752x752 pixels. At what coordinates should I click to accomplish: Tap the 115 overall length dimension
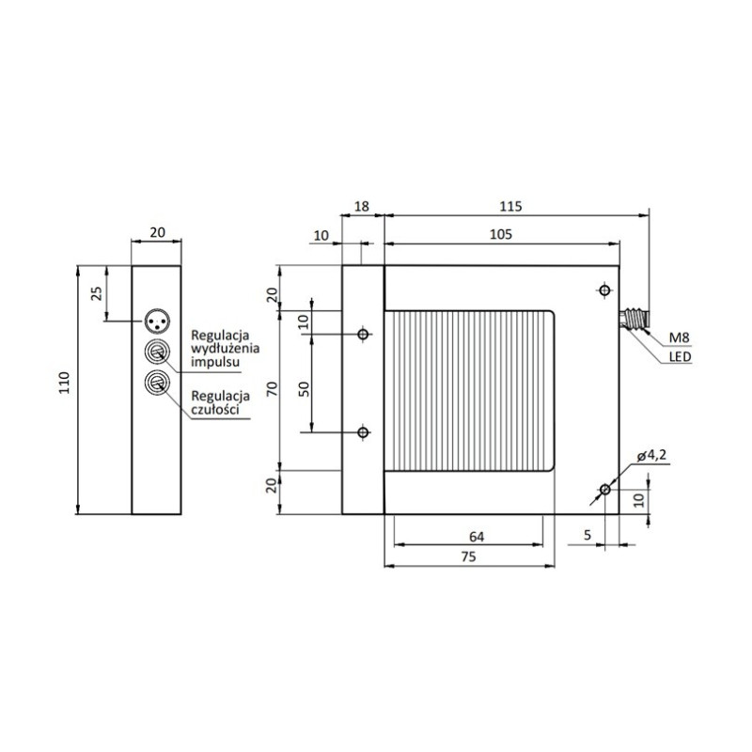coord(511,206)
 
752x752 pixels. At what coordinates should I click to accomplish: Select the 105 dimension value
coord(501,236)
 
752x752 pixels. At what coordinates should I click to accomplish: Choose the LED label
coord(681,358)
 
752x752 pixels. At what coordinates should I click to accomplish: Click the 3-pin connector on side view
coord(156,321)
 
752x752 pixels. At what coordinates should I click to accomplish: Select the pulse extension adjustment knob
coord(156,352)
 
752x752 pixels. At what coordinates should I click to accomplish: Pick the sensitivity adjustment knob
coord(156,383)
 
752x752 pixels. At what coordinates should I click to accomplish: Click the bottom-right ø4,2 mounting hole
coord(604,491)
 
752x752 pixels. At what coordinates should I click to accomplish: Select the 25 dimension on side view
coord(96,293)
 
